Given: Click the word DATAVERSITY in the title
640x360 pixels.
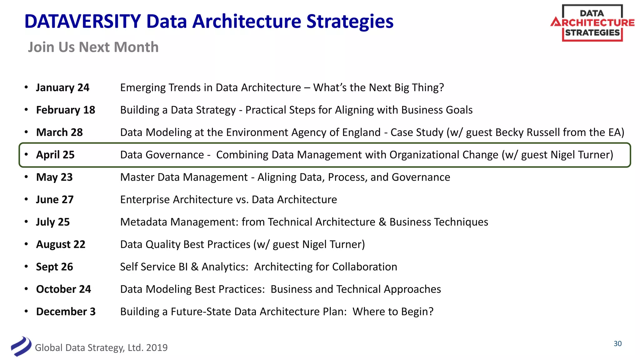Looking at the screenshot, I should pyautogui.click(x=82, y=22).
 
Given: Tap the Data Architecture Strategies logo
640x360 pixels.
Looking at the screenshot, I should pyautogui.click(x=592, y=23).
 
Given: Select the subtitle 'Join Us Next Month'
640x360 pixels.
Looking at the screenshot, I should pyautogui.click(x=93, y=47).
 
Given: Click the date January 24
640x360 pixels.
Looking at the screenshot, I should pyautogui.click(x=62, y=87).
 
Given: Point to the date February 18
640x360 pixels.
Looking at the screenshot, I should pyautogui.click(x=66, y=110).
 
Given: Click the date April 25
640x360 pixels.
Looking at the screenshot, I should pyautogui.click(x=55, y=155).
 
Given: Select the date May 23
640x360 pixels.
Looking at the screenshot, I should pyautogui.click(x=54, y=177).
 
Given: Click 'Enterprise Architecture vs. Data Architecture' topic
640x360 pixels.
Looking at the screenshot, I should pyautogui.click(x=228, y=200).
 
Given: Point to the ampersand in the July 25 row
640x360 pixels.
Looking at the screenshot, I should pyautogui.click(x=382, y=222).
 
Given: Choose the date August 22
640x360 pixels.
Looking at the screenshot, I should pyautogui.click(x=61, y=244).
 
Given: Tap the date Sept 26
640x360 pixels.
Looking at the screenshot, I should pyautogui.click(x=54, y=267).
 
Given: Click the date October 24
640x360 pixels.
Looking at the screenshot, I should pyautogui.click(x=63, y=289).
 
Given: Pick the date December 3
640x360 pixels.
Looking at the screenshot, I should pyautogui.click(x=66, y=312).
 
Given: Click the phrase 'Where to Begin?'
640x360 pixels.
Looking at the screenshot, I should pyautogui.click(x=393, y=312).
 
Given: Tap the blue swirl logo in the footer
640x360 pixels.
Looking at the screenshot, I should pyautogui.click(x=21, y=346).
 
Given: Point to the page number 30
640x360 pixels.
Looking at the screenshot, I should pyautogui.click(x=617, y=344).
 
